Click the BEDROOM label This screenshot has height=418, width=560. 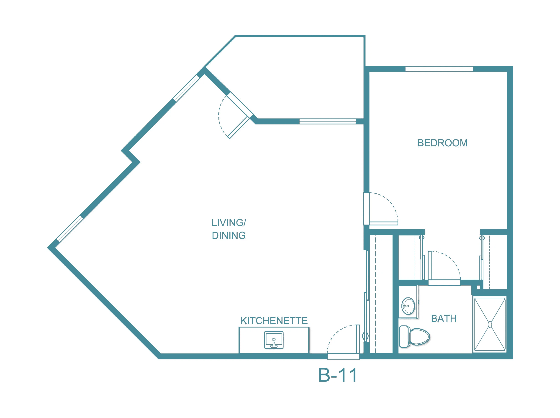click(442, 143)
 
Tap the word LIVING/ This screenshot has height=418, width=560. click(229, 223)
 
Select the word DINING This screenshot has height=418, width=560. click(229, 235)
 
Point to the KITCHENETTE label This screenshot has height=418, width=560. click(274, 321)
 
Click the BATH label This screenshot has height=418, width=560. click(444, 318)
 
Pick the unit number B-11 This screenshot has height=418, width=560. click(338, 375)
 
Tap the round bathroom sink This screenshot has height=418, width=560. click(408, 306)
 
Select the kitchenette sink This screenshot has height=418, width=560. click(274, 340)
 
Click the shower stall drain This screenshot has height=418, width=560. click(490, 324)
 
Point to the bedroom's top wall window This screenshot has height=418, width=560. click(439, 69)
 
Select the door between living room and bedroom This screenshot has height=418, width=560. click(381, 209)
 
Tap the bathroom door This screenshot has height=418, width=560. click(444, 268)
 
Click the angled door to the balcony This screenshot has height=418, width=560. click(235, 116)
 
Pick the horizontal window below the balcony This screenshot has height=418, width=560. click(328, 121)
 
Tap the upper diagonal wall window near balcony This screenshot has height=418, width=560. click(186, 88)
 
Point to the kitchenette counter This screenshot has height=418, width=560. click(274, 340)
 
